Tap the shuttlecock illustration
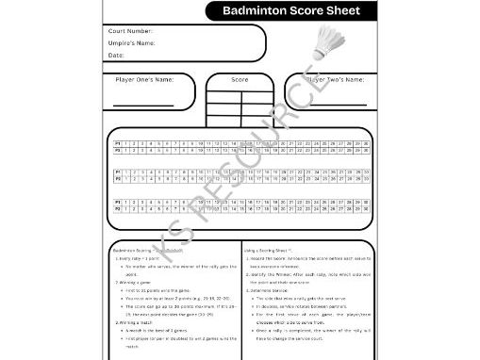[332, 42]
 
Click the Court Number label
[130, 31]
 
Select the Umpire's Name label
[131, 43]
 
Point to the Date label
[116, 56]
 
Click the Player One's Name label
[144, 80]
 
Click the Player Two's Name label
[336, 80]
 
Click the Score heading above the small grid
[240, 80]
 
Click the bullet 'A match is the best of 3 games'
[161, 331]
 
